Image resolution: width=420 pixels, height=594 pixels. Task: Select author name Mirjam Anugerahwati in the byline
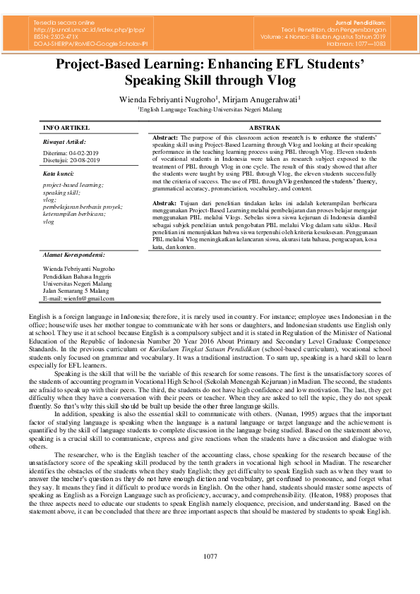pos(261,99)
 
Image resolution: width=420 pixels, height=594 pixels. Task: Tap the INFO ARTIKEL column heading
pos(66,128)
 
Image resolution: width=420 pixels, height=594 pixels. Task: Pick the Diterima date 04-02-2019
pos(83,153)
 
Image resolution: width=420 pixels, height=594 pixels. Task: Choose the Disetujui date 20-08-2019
pos(85,160)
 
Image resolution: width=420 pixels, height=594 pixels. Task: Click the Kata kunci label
pos(58,173)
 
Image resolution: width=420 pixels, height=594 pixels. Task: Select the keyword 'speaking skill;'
pos(62,192)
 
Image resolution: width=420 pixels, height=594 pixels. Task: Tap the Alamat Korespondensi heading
pos(74,254)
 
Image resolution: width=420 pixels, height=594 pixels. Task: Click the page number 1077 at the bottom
pos(210,557)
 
